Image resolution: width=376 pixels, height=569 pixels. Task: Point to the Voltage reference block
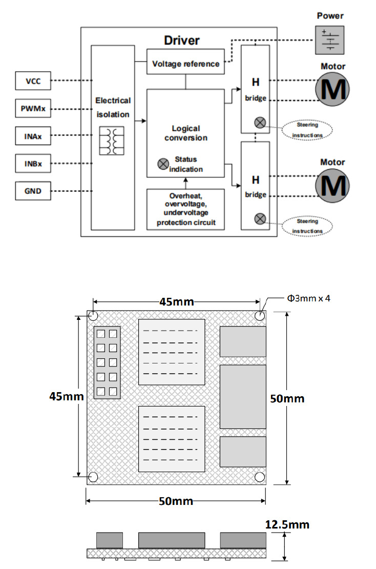coord(185,64)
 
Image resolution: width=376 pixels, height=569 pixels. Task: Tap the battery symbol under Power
coord(330,39)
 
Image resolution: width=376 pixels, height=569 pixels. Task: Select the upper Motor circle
coord(333,89)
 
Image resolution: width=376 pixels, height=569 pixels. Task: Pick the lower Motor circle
coord(333,185)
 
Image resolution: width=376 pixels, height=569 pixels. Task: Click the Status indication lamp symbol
coord(163,164)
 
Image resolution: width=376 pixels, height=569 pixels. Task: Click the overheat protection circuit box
coord(185,209)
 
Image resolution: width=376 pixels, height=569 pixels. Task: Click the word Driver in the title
coord(182,40)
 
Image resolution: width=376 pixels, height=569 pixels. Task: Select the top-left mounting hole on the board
coord(94,315)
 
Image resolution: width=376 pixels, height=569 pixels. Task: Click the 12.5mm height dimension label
coord(287,524)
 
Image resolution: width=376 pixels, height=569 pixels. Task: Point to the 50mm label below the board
coord(176,501)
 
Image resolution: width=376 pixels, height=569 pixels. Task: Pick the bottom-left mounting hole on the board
coord(94,477)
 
